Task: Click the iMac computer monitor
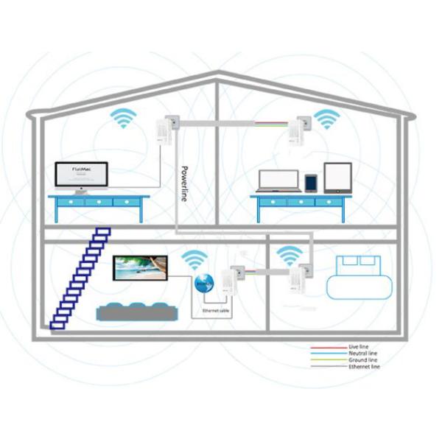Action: pos(81,176)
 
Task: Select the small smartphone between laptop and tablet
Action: pos(311,182)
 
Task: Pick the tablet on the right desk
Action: pos(337,178)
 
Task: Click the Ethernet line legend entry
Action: pos(365,366)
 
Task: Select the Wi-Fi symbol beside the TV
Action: pos(194,259)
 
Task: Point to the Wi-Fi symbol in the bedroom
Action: pos(289,255)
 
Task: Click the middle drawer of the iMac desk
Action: pos(98,201)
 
